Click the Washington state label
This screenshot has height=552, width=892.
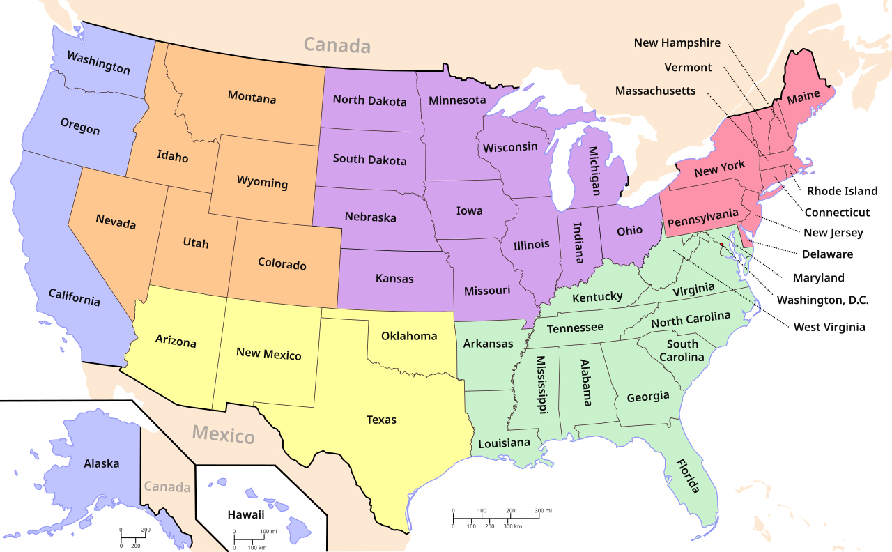pyautogui.click(x=98, y=61)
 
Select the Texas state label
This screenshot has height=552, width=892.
pyautogui.click(x=381, y=420)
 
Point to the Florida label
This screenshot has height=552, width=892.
pyautogui.click(x=687, y=475)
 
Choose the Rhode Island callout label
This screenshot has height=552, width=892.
pyautogui.click(x=842, y=191)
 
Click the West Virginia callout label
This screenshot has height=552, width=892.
pyautogui.click(x=829, y=326)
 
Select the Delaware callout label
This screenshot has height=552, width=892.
pyautogui.click(x=827, y=254)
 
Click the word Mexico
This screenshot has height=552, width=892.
pyautogui.click(x=224, y=436)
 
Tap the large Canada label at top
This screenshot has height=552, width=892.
pyautogui.click(x=337, y=46)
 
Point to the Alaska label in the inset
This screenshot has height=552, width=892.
pyautogui.click(x=101, y=463)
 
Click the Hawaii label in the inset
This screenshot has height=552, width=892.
pyautogui.click(x=246, y=515)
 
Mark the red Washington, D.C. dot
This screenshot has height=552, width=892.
pyautogui.click(x=721, y=245)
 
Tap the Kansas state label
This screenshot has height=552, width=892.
pyautogui.click(x=394, y=279)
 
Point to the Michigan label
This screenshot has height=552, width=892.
pyautogui.click(x=593, y=170)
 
